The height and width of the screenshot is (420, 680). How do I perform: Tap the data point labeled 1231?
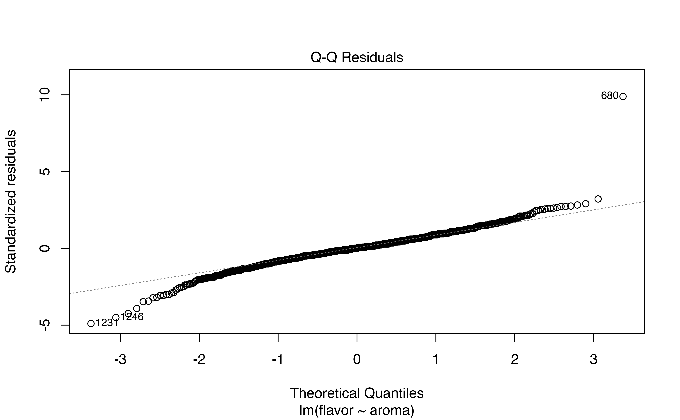tap(91, 323)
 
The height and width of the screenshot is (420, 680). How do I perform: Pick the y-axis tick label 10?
tap(44, 95)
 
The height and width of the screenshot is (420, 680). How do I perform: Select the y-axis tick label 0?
tap(44, 248)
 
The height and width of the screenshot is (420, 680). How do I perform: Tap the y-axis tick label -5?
tap(44, 325)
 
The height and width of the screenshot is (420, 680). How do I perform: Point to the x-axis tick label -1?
tap(278, 360)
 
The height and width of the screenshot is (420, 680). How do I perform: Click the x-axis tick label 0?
tap(357, 360)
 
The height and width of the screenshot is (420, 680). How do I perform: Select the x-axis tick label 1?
tap(436, 360)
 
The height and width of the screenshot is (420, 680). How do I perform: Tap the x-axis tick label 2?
tap(515, 360)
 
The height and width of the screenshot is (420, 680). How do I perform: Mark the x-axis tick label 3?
tap(594, 360)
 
